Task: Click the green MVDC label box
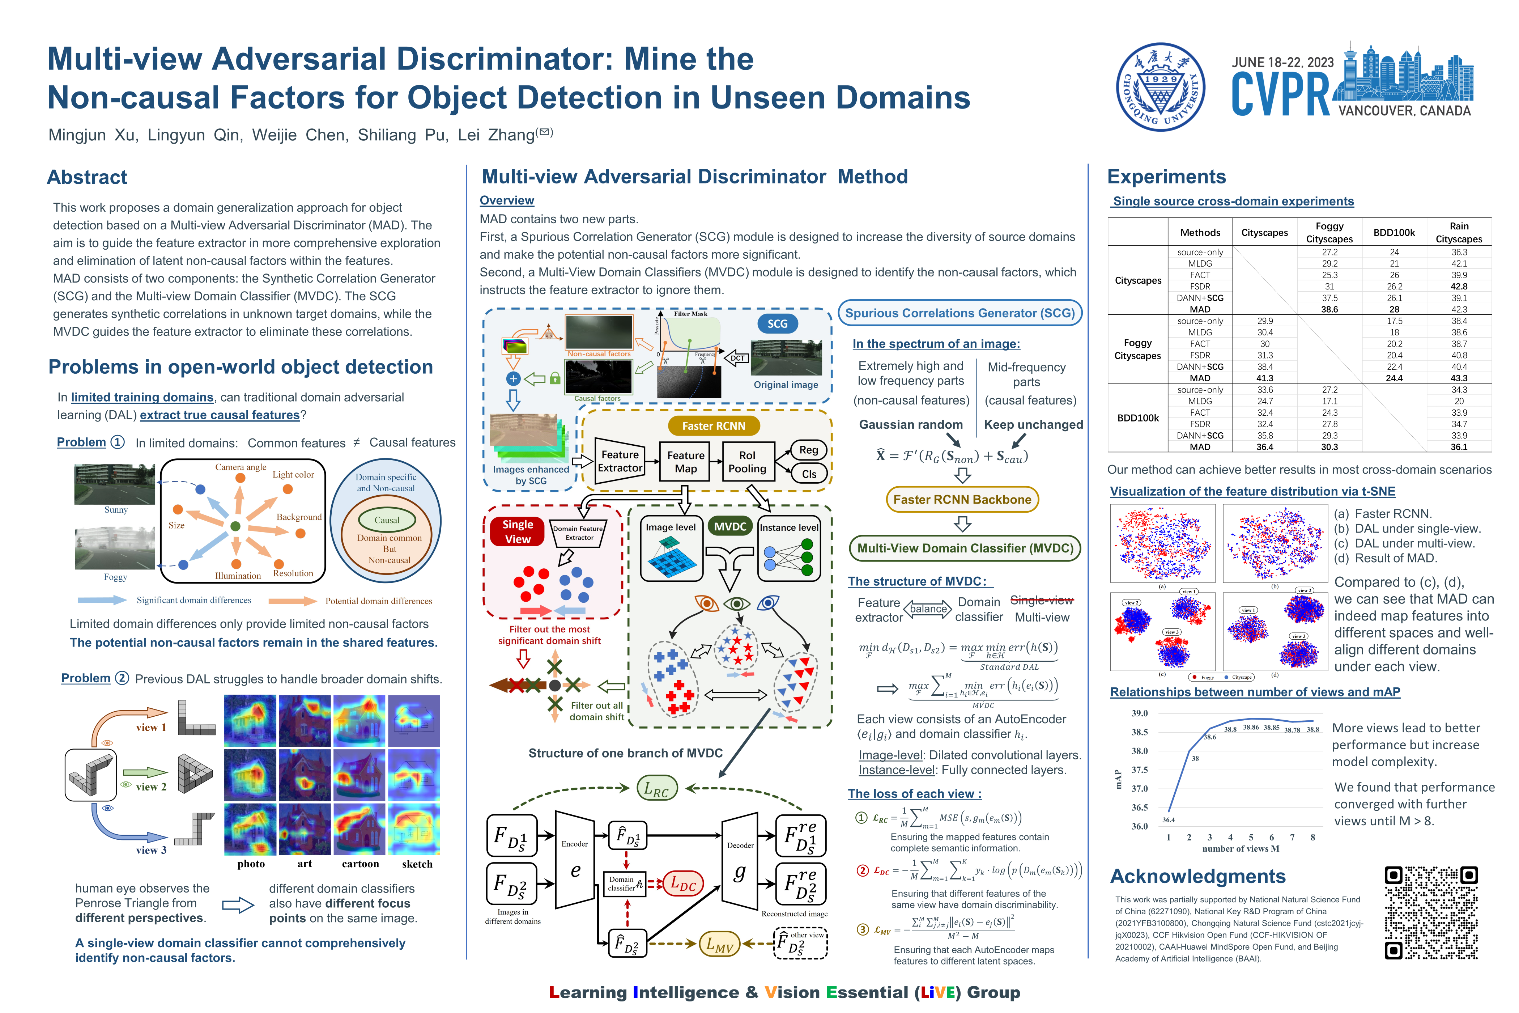[730, 526]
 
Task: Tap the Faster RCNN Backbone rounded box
[962, 499]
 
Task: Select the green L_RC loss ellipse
[656, 789]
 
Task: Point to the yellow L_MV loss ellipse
[719, 945]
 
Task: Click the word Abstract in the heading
[87, 177]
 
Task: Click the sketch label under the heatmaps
[417, 864]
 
